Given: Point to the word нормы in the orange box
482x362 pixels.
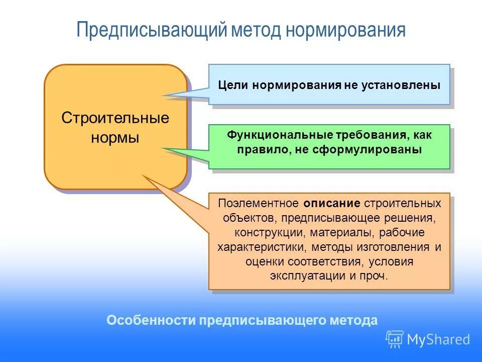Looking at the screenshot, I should (115, 138).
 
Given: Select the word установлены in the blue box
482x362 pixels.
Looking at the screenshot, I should (401, 85).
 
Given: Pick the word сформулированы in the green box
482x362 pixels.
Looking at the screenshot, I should (382, 150).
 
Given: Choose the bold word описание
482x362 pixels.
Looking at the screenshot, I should (332, 204).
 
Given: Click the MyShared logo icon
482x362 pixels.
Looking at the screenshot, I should (395, 339).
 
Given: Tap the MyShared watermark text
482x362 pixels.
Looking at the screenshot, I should (438, 339).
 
